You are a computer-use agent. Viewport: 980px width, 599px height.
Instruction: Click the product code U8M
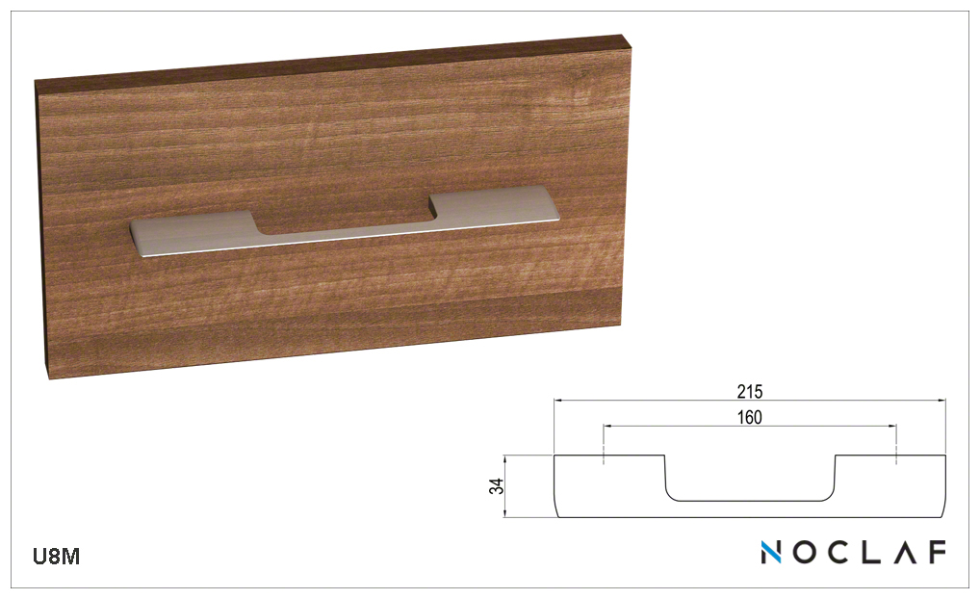[56, 556]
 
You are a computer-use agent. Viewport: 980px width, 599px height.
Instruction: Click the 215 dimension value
[749, 392]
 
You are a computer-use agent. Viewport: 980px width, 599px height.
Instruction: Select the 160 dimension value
[749, 417]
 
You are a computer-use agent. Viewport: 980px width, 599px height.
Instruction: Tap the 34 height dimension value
[496, 486]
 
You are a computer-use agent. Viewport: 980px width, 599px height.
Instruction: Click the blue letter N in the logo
[771, 552]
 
